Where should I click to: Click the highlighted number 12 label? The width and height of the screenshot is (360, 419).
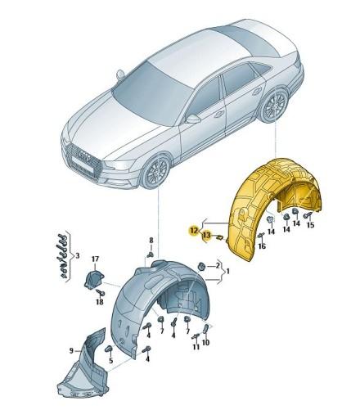pyautogui.click(x=193, y=231)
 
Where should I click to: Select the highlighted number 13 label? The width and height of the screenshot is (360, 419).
pyautogui.click(x=205, y=236)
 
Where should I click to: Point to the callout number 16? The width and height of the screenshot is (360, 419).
pyautogui.click(x=262, y=246)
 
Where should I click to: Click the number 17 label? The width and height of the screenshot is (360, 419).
pyautogui.click(x=95, y=259)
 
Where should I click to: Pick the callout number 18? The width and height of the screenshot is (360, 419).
pyautogui.click(x=99, y=300)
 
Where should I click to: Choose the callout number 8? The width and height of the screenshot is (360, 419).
pyautogui.click(x=151, y=241)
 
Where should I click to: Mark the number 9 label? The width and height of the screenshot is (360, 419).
pyautogui.click(x=72, y=350)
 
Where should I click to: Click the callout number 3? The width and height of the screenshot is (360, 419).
pyautogui.click(x=76, y=256)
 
